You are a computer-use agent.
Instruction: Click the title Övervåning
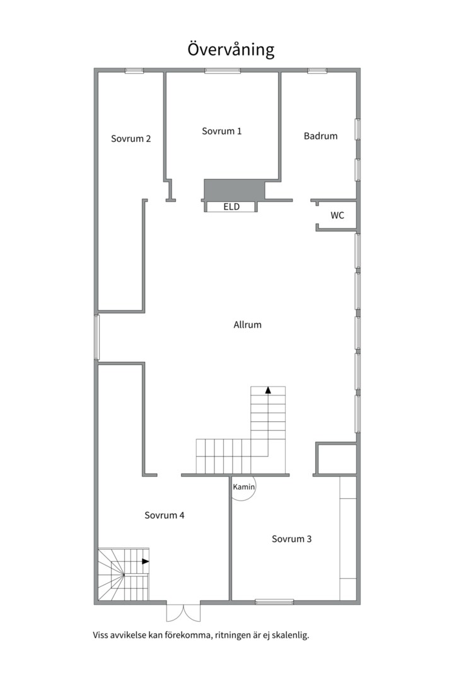[x=231, y=50]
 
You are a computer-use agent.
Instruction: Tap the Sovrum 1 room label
[x=222, y=131]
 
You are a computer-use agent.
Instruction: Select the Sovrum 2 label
[x=131, y=139]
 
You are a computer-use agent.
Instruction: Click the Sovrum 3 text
[x=292, y=539]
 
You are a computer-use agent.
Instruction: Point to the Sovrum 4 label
[x=165, y=515]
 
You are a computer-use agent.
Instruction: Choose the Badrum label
[x=320, y=136]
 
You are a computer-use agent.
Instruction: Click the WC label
[x=337, y=216]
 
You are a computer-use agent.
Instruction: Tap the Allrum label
[x=247, y=325]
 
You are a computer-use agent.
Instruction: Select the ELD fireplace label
[x=231, y=207]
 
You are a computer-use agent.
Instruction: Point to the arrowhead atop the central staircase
[x=268, y=390]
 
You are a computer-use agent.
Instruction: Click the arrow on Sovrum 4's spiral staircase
[x=146, y=561]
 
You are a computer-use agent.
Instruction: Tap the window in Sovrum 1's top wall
[x=222, y=71]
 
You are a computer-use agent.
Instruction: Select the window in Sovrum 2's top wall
[x=134, y=71]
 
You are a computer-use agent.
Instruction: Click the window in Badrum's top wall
[x=317, y=71]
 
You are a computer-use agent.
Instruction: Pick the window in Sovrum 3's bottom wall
[x=274, y=602]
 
